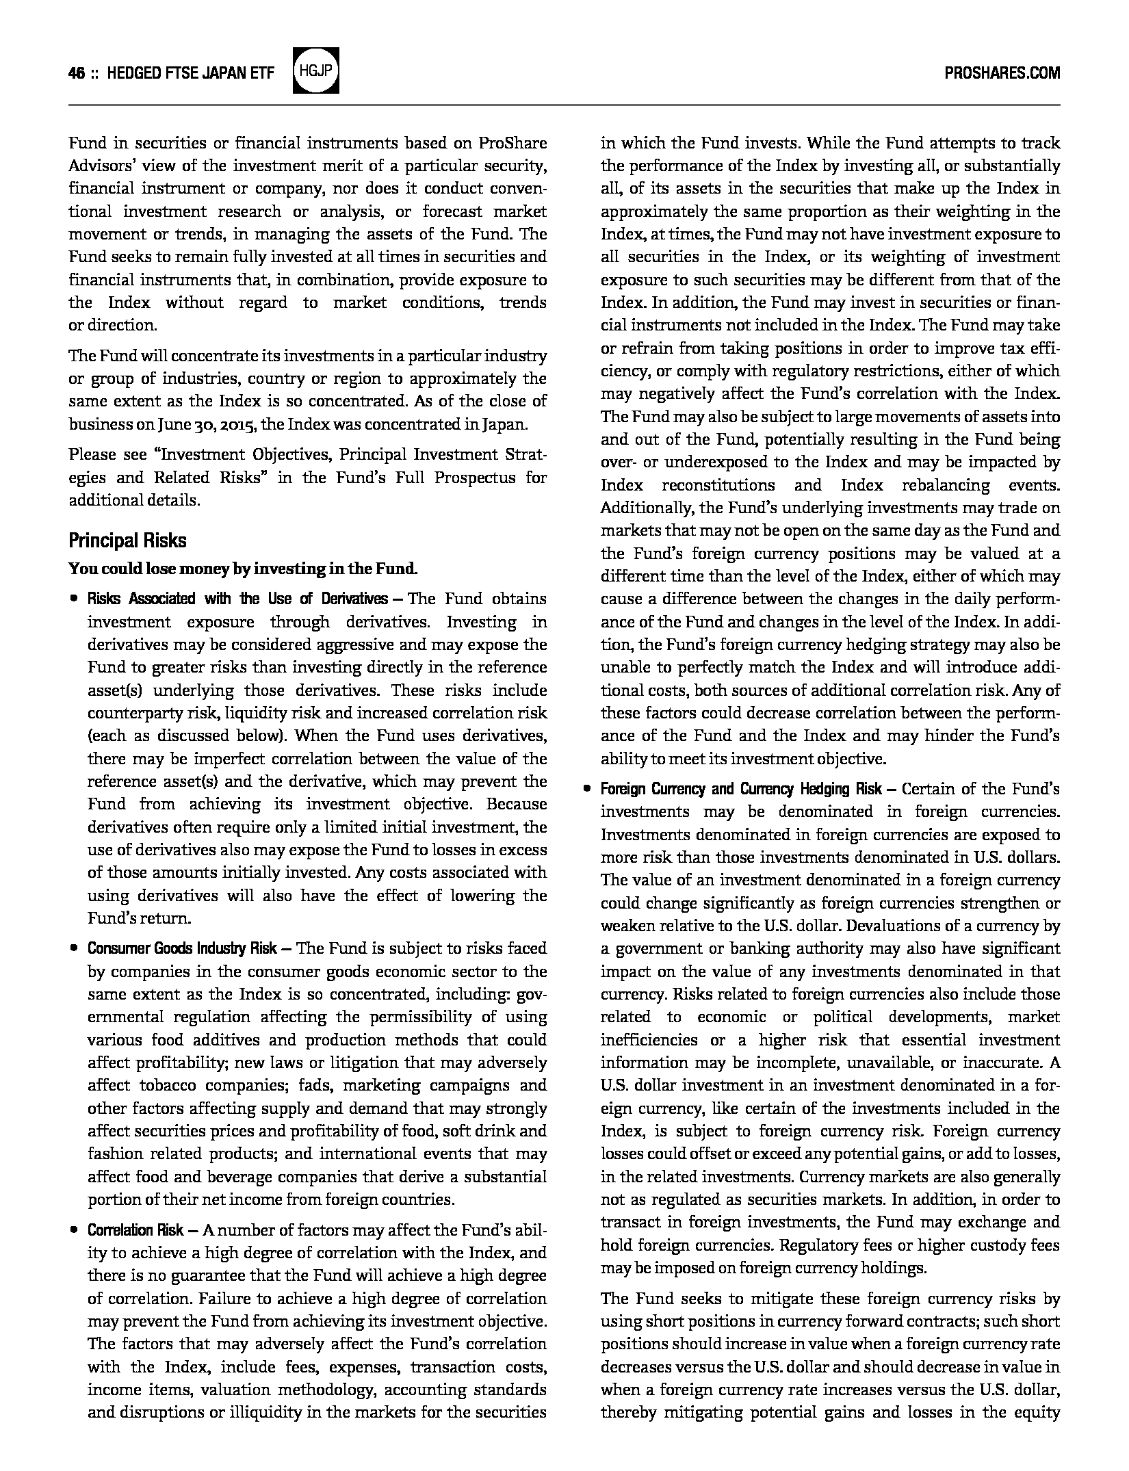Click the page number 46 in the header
(x=76, y=74)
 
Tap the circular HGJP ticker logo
(x=315, y=71)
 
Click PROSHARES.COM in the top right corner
(x=1002, y=73)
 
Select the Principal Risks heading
(x=127, y=541)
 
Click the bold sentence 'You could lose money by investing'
(x=242, y=569)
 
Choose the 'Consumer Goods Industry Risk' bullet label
(x=182, y=948)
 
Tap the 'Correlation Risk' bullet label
(x=135, y=1230)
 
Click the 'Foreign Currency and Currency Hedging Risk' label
(x=741, y=789)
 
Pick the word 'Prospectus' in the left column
(x=475, y=477)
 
